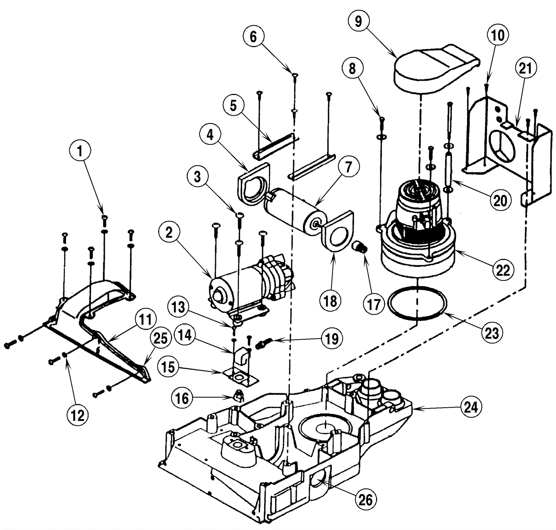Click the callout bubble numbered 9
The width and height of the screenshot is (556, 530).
[358, 22]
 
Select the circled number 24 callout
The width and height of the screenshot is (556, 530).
[471, 407]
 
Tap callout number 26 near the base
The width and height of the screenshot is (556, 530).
[365, 500]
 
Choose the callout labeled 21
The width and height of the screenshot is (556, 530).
[525, 68]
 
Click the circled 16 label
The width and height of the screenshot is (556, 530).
[182, 398]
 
